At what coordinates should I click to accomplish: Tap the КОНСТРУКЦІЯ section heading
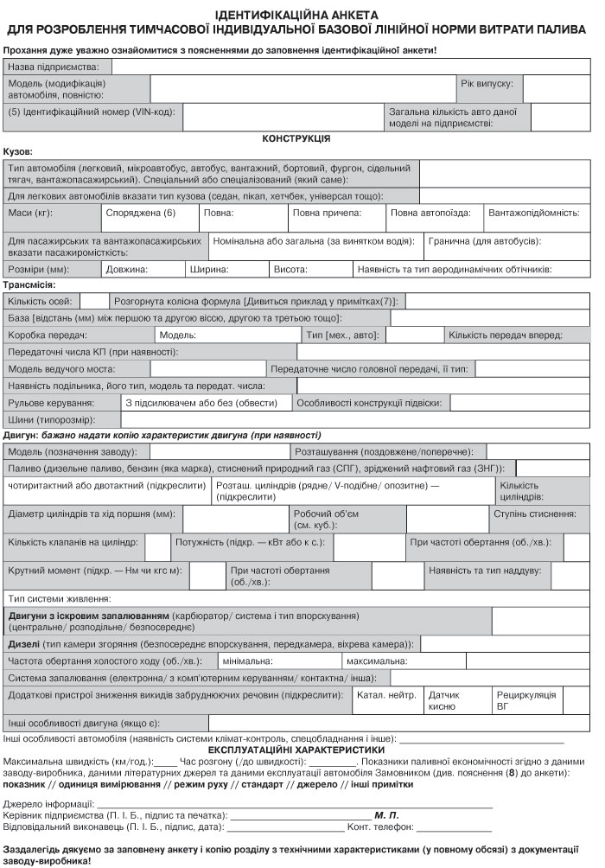pyautogui.click(x=296, y=138)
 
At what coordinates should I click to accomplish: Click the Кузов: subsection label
pyautogui.click(x=19, y=150)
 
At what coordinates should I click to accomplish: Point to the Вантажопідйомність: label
pyautogui.click(x=533, y=212)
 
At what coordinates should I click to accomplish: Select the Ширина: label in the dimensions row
pyautogui.click(x=208, y=269)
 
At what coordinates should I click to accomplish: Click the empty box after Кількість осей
pyautogui.click(x=93, y=301)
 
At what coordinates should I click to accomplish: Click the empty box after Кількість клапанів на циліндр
pyautogui.click(x=157, y=547)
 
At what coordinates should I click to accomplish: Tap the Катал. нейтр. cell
pyautogui.click(x=386, y=694)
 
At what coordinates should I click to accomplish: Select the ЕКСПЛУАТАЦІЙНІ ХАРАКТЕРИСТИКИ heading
pyautogui.click(x=296, y=750)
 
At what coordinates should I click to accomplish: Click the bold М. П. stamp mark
pyautogui.click(x=385, y=814)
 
